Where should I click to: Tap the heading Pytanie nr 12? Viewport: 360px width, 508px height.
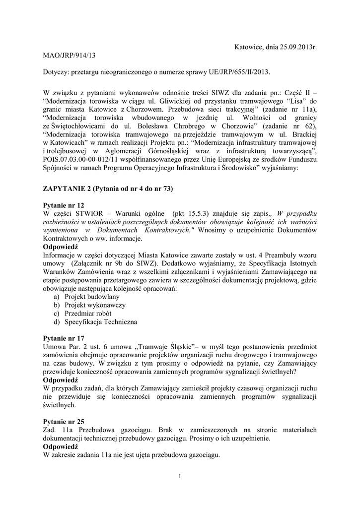pos(64,205)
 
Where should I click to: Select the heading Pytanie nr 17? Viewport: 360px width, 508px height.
pos(64,337)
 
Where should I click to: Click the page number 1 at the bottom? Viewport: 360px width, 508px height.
pos(180,477)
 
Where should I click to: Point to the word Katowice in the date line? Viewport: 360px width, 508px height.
pos(250,47)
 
